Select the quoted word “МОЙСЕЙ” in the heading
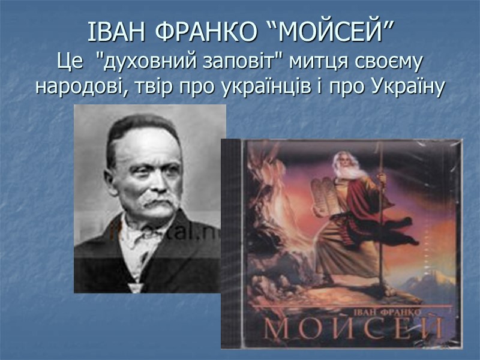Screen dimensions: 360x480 (329, 32)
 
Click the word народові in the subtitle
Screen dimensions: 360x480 (79, 88)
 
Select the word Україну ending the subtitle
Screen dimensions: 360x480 (407, 88)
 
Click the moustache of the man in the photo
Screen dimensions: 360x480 (155, 205)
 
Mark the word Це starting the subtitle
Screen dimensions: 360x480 (69, 62)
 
